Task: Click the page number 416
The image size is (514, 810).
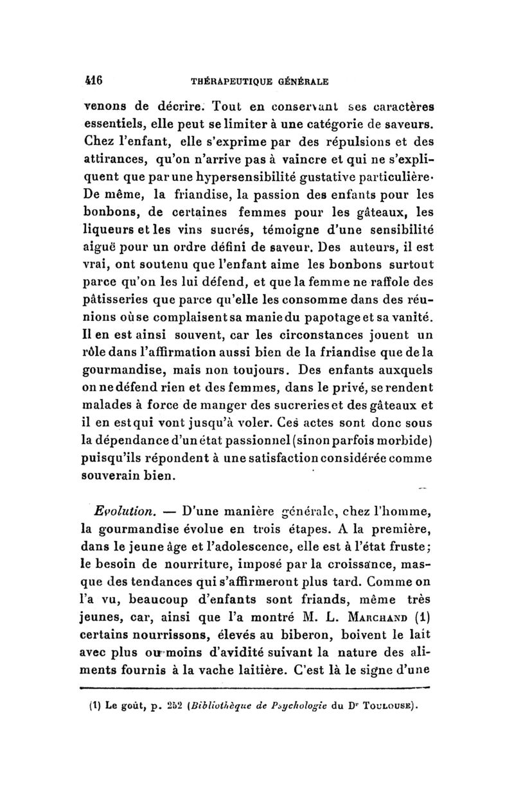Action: pyautogui.click(x=96, y=81)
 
